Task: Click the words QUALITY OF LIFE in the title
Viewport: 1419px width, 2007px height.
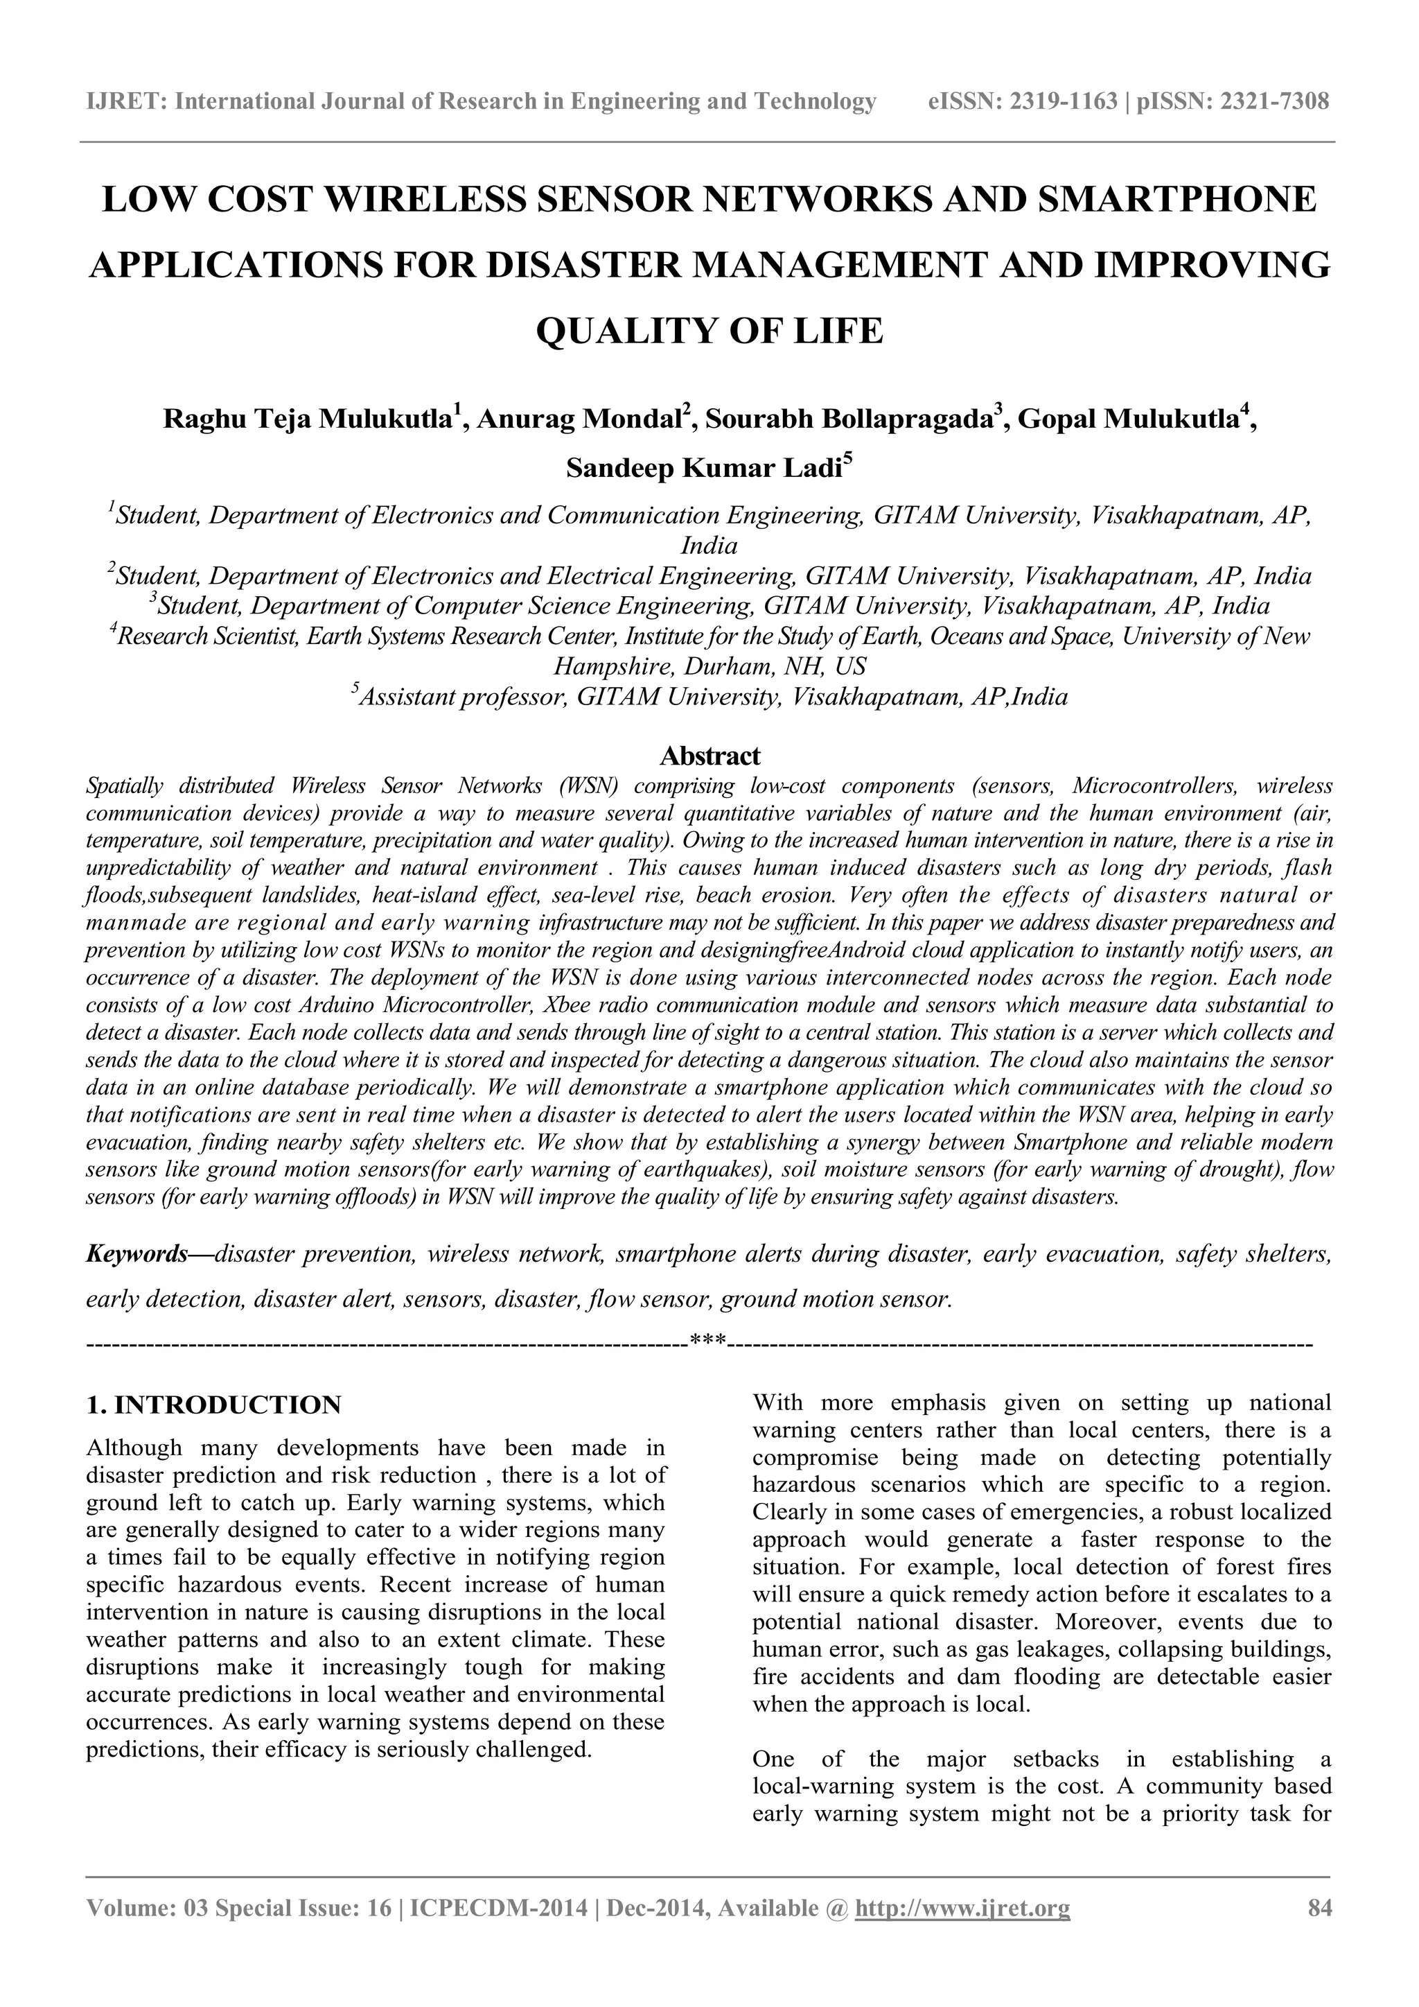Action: pos(709,331)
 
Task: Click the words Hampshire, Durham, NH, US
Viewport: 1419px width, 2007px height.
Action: pos(709,667)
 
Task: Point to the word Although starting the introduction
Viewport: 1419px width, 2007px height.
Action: pos(134,1448)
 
